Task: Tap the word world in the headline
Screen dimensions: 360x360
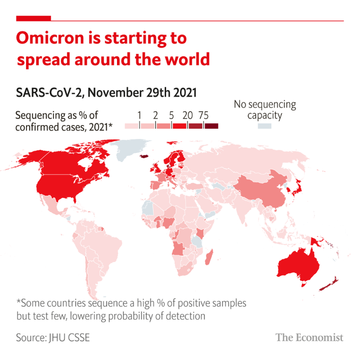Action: click(186, 59)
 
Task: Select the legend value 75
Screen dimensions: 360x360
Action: click(203, 115)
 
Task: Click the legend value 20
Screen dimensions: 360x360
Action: click(187, 115)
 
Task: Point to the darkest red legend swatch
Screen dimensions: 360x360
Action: click(211, 126)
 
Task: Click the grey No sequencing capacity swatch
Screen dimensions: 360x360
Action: click(264, 126)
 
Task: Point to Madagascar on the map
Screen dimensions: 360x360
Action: click(209, 259)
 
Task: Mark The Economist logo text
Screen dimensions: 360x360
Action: click(309, 337)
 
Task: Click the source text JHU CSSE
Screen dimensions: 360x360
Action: click(74, 337)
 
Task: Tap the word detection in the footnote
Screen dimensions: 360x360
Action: click(180, 316)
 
